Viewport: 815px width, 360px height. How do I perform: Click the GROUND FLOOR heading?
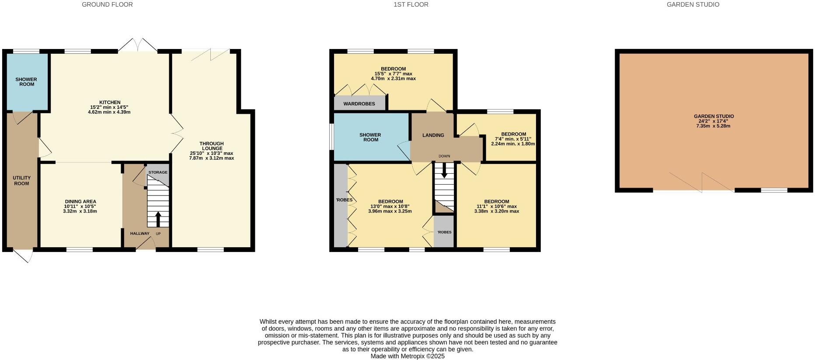pyautogui.click(x=107, y=4)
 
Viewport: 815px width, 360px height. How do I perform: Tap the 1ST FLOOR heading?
pyautogui.click(x=411, y=4)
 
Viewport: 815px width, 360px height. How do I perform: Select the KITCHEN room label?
pyautogui.click(x=109, y=102)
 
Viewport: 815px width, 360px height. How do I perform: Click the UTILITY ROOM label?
pyautogui.click(x=21, y=181)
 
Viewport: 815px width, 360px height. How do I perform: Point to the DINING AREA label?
pyautogui.click(x=80, y=202)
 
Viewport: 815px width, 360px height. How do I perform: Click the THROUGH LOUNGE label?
pyautogui.click(x=212, y=146)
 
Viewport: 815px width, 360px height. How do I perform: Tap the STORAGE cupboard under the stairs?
pyautogui.click(x=157, y=172)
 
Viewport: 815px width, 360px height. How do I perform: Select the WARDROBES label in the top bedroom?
pyautogui.click(x=359, y=104)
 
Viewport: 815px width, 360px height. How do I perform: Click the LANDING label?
pyautogui.click(x=433, y=135)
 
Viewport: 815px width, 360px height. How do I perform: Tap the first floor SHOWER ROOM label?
pyautogui.click(x=370, y=137)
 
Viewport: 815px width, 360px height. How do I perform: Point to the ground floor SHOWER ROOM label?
pyautogui.click(x=26, y=82)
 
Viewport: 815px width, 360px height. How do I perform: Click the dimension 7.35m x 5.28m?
pyautogui.click(x=714, y=126)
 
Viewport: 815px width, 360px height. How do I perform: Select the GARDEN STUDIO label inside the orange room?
pyautogui.click(x=714, y=116)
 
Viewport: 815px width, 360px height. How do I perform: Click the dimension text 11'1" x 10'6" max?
pyautogui.click(x=496, y=206)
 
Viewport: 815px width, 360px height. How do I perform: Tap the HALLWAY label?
pyautogui.click(x=139, y=234)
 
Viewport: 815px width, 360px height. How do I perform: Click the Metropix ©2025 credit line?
pyautogui.click(x=407, y=357)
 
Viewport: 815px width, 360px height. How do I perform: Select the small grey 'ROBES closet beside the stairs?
pyautogui.click(x=444, y=232)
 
